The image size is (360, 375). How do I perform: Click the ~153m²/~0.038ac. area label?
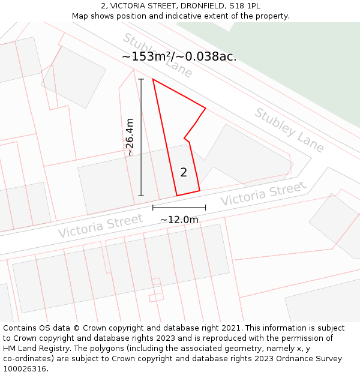coord(179,56)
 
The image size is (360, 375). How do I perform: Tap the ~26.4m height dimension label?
coord(130,137)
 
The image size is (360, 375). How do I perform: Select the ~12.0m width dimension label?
coord(179,220)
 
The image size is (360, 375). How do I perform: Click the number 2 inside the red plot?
coord(184,173)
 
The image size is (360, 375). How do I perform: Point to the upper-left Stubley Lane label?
coord(157,55)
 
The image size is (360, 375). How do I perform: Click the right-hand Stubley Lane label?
coord(289,130)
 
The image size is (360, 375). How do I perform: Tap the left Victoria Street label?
coord(100,225)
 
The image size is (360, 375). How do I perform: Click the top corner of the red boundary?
coord(153,79)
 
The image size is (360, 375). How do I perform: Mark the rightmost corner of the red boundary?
coord(206,109)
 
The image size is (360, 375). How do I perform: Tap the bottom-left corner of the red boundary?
coord(177,196)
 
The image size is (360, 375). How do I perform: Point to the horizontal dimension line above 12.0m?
coord(179,208)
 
